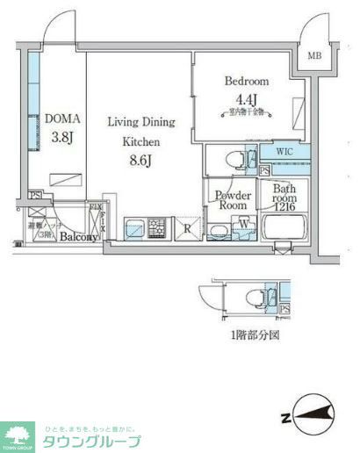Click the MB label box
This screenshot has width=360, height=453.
[313, 57]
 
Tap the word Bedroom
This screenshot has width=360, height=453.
[246, 82]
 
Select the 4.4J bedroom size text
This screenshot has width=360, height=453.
[246, 98]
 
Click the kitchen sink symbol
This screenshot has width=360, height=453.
[134, 229]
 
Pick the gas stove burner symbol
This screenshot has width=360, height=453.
[157, 229]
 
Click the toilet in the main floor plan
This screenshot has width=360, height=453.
[234, 161]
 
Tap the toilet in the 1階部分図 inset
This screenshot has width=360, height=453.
[252, 295]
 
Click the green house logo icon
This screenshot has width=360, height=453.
[18, 434]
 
